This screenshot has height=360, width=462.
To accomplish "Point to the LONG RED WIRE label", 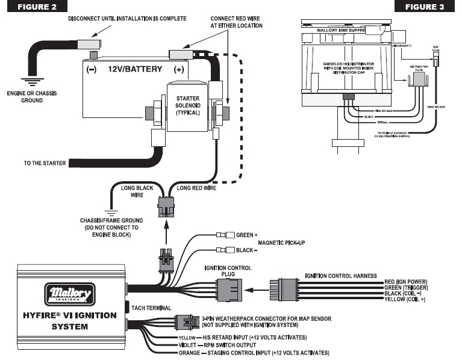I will point(193,188).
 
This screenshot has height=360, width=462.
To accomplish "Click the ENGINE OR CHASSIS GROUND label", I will point(25,97).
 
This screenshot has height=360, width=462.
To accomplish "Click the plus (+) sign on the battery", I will point(179,69).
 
